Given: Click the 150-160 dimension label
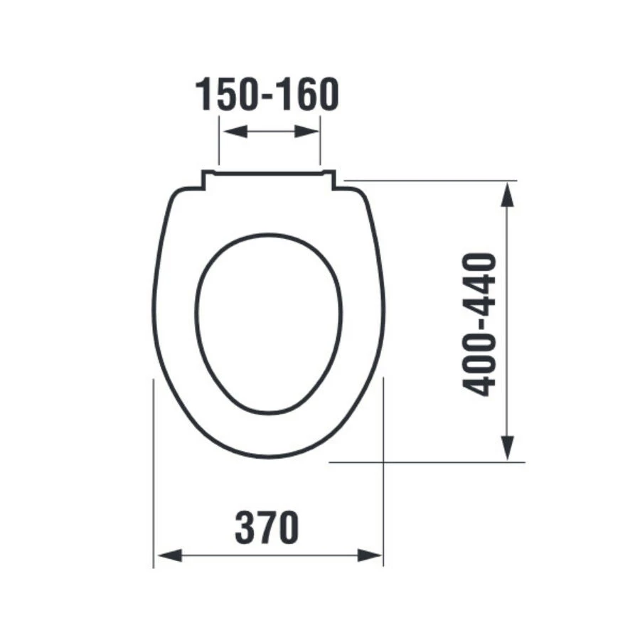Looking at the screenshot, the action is (267, 95).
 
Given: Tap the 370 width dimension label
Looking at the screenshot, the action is (267, 527).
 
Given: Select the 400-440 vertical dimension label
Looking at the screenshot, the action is (479, 325).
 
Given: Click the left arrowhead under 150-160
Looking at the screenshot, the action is (236, 132).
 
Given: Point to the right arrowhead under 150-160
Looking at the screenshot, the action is (306, 132).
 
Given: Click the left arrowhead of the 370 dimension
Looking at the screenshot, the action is (170, 555).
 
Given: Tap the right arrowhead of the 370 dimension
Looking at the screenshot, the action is (370, 555).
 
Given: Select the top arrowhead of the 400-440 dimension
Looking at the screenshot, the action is (507, 195).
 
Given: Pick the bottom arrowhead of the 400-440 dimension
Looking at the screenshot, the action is (507, 448).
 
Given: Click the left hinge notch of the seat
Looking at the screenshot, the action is (208, 180).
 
